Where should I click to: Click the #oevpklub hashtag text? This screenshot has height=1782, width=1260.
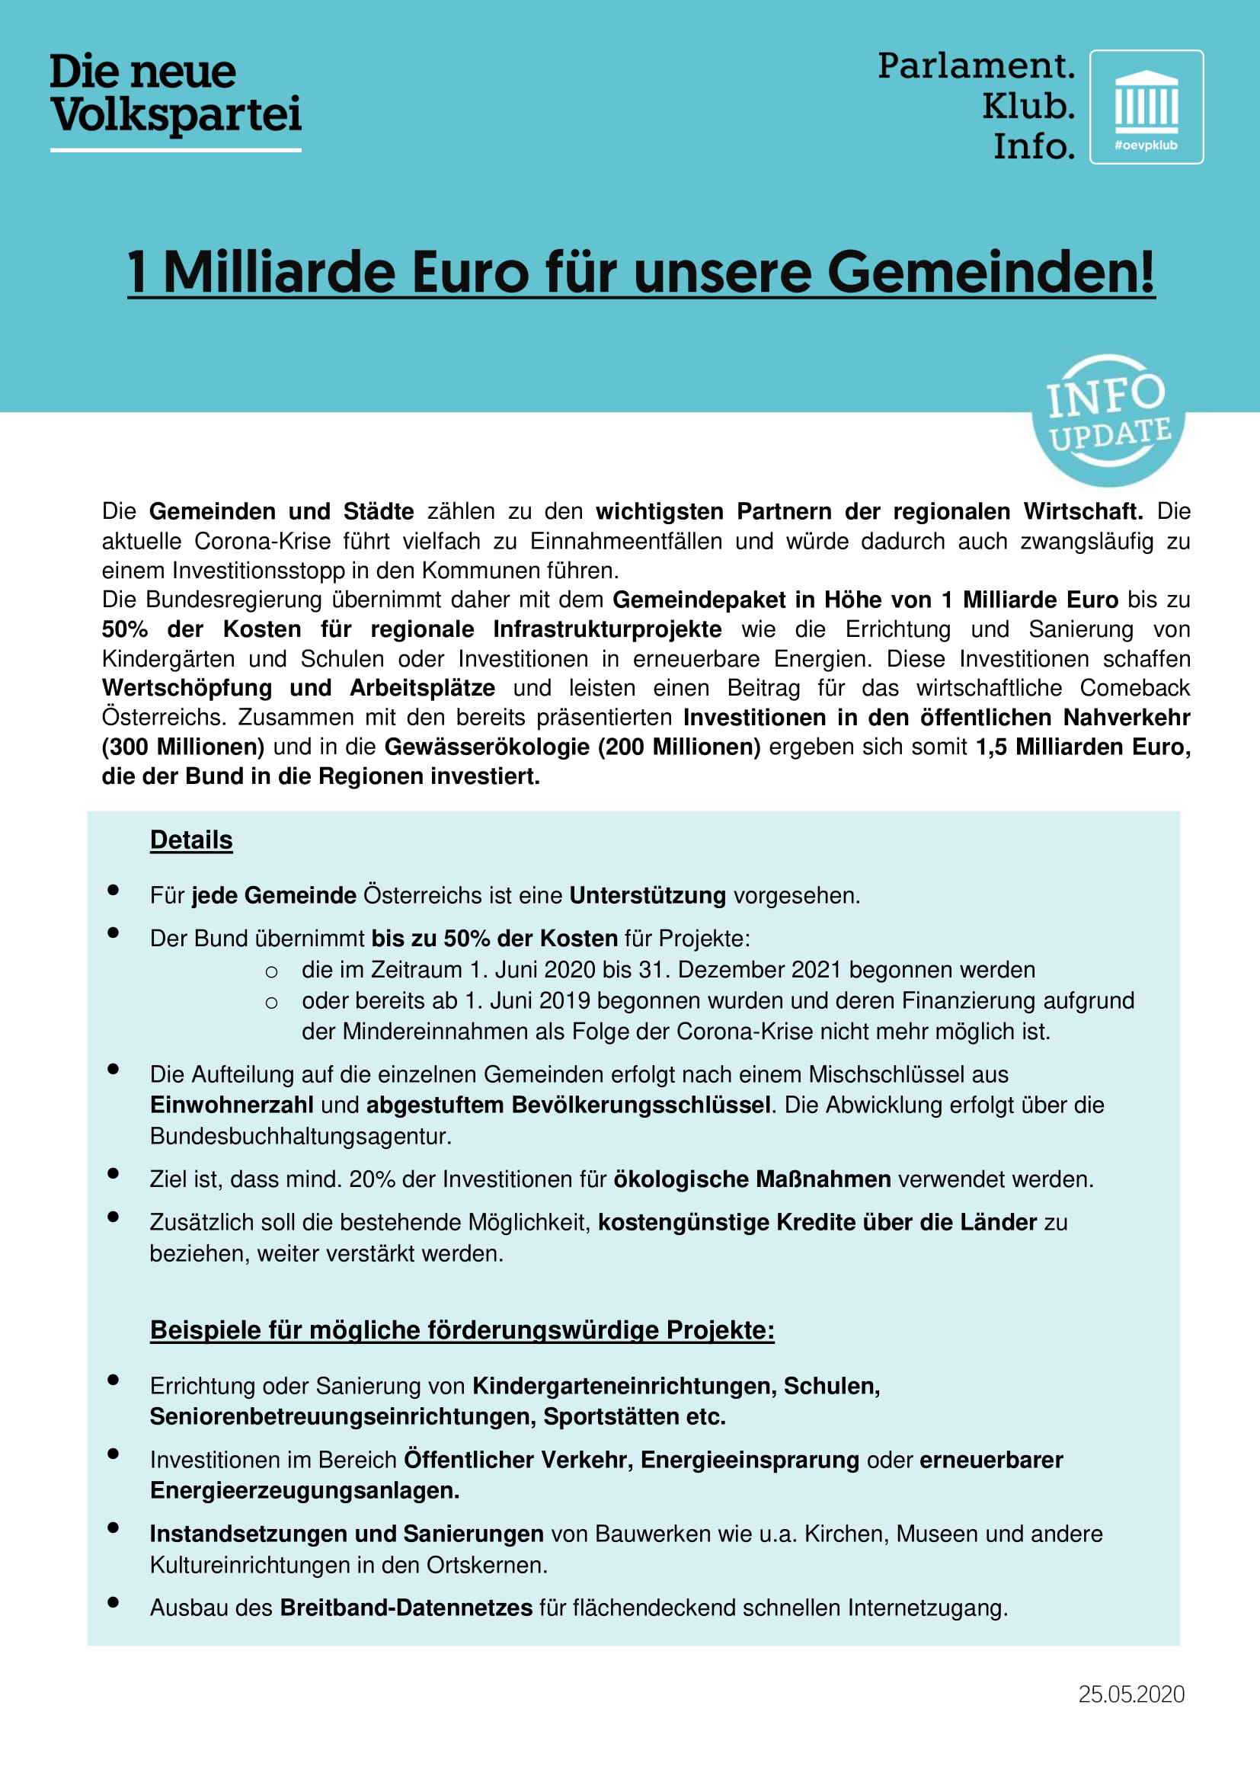[x=1146, y=146]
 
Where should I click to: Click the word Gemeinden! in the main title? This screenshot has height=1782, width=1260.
[x=991, y=273]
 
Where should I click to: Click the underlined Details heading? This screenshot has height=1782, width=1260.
[x=191, y=840]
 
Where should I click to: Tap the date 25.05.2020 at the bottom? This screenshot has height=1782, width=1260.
[x=1131, y=1694]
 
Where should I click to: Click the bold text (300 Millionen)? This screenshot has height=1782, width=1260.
[x=183, y=747]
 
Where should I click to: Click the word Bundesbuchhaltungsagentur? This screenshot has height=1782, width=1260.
[x=300, y=1136]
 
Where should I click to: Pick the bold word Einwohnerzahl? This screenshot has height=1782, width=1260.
[x=232, y=1105]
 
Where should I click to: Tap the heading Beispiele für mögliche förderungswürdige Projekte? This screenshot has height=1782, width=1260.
[x=462, y=1329]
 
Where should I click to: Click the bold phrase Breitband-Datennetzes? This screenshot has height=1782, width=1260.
[x=406, y=1608]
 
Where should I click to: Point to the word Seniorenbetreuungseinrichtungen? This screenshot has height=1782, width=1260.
[x=342, y=1416]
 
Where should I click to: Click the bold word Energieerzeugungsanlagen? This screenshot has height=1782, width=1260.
[x=304, y=1490]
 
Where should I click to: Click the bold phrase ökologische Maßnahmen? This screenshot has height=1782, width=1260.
[x=752, y=1179]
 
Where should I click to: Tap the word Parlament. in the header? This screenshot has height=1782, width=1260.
[x=975, y=66]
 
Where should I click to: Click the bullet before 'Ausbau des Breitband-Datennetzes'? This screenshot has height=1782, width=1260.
[x=114, y=1602]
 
